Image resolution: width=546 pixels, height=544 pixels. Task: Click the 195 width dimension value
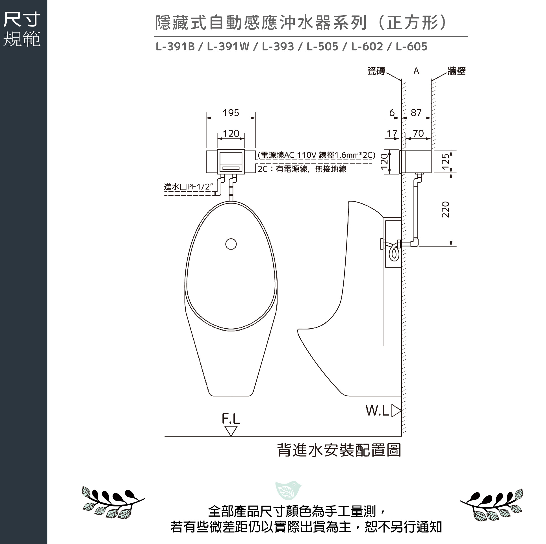231,113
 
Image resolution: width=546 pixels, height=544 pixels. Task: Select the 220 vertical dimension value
445,209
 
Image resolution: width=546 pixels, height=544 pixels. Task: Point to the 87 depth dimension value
416,113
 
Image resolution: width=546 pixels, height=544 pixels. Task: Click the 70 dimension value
419,133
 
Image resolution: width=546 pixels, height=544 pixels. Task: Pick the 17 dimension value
392,133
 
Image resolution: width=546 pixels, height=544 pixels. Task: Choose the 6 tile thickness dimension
392,113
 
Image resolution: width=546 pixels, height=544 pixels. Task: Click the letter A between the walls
416,71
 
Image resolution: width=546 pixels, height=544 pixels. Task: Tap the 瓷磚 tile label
376,71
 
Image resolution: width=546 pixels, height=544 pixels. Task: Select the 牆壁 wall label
456,71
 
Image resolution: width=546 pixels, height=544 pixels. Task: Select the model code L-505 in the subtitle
322,47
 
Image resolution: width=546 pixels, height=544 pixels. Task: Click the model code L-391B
175,47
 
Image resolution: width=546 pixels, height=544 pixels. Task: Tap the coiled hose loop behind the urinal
394,253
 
